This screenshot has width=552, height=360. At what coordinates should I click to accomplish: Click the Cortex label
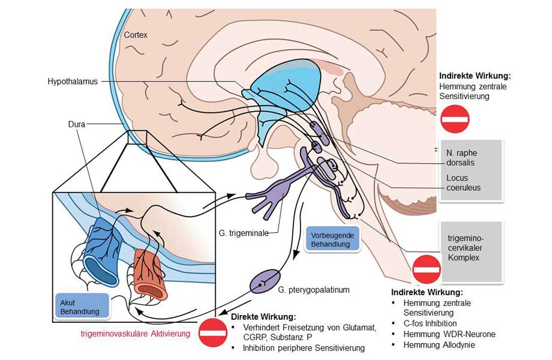[x=136, y=35]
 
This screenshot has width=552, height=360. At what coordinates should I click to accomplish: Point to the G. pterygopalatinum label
[x=313, y=290]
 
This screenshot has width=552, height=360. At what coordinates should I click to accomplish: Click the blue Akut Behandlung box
[x=83, y=305]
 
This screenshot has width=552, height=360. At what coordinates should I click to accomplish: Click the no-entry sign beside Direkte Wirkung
[x=212, y=331]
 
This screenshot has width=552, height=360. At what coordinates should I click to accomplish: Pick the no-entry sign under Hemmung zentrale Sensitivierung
[x=455, y=119]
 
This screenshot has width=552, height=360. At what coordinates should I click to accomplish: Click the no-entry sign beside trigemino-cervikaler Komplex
[x=427, y=268]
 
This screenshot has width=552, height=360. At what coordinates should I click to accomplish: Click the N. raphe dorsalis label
[x=463, y=158]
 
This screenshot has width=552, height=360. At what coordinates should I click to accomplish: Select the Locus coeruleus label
[x=463, y=183]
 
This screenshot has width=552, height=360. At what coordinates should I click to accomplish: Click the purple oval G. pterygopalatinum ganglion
[x=266, y=280]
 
